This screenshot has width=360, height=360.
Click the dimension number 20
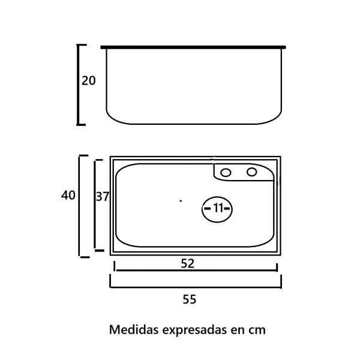point(89,81)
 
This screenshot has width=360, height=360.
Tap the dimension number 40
point(68,196)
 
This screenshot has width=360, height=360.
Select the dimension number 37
point(103,197)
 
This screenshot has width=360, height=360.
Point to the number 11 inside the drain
point(218,208)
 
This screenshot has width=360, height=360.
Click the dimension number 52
point(188,263)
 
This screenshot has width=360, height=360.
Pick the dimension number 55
point(190,299)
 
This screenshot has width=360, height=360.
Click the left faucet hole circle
point(226,172)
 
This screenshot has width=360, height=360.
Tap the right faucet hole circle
point(251,172)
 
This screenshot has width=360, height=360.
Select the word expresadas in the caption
point(194,331)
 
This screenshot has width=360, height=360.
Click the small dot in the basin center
point(181,201)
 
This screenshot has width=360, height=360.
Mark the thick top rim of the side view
point(193,47)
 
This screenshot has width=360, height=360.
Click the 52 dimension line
point(196,270)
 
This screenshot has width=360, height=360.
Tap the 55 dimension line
point(196,287)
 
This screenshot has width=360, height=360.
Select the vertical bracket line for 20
point(78,85)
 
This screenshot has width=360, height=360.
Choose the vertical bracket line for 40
point(80,206)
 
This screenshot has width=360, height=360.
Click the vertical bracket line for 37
point(95,205)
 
